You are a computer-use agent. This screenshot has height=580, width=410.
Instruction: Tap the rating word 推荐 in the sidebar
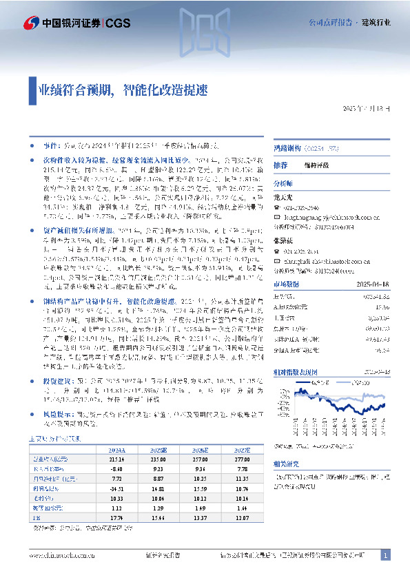280,165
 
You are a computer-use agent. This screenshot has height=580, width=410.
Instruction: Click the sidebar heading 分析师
283,184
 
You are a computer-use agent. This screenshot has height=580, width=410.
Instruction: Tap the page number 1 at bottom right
386,555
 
